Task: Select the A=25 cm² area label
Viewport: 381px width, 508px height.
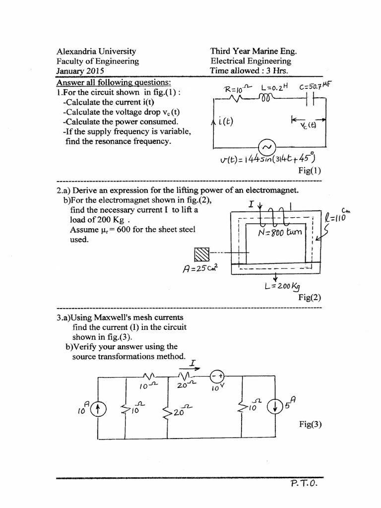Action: [x=201, y=269]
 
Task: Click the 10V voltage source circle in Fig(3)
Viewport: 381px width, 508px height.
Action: [x=217, y=377]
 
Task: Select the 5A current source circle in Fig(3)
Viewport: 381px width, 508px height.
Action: [x=273, y=406]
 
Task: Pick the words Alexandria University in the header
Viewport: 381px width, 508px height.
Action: [x=96, y=51]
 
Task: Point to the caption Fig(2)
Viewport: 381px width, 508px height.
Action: [x=310, y=298]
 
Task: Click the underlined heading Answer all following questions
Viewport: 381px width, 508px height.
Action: [x=114, y=82]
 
